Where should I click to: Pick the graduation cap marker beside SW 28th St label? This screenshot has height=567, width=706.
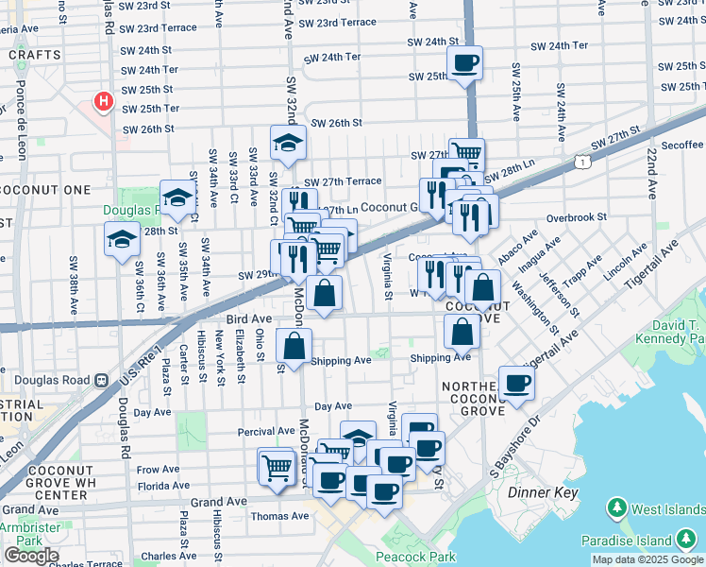[122, 241]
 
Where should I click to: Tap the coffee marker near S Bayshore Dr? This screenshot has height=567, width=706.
[516, 384]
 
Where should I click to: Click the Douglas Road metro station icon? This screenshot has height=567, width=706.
[102, 380]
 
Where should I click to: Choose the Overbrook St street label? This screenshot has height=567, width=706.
[575, 217]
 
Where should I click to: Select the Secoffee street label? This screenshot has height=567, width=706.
[681, 145]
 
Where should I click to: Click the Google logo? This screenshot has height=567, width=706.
[31, 556]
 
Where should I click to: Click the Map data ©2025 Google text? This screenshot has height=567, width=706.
[647, 559]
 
